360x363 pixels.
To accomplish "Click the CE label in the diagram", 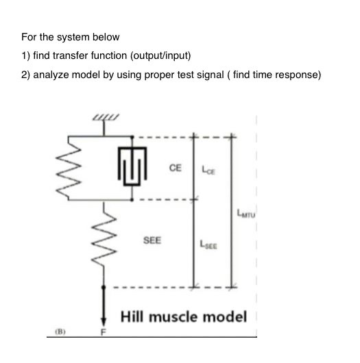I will [x=176, y=166].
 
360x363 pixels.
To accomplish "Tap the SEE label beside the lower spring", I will [x=152, y=240].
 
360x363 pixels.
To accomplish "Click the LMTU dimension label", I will [x=245, y=213].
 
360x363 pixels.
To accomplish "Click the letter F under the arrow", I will [x=105, y=333].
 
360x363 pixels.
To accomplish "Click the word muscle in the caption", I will [x=176, y=316].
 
